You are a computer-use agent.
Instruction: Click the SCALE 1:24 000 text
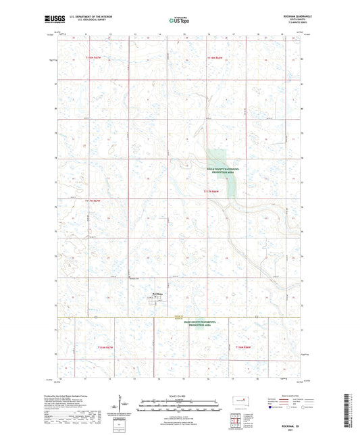pyautogui.click(x=179, y=395)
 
